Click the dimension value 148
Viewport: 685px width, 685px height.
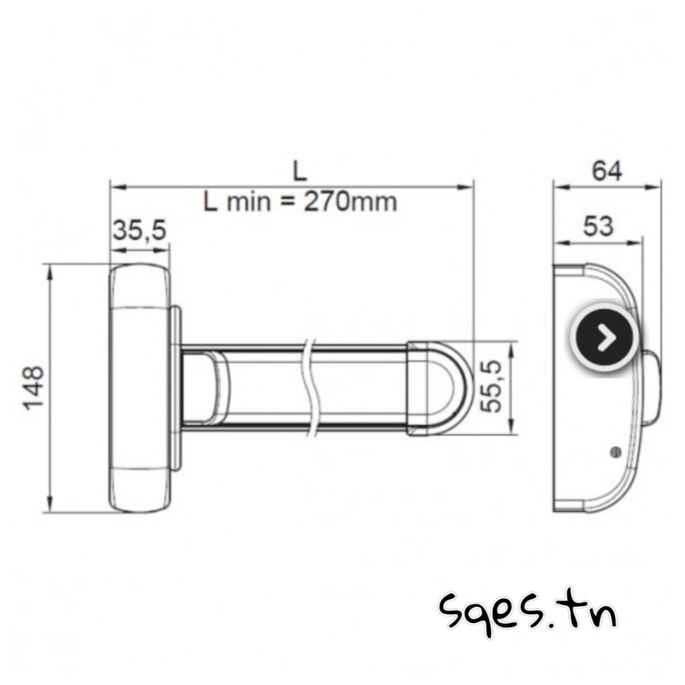pyautogui.click(x=34, y=388)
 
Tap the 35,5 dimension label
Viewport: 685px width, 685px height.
pyautogui.click(x=139, y=231)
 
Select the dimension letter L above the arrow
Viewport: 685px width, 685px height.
pyautogui.click(x=300, y=172)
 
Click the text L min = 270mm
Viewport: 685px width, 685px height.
pyautogui.click(x=300, y=202)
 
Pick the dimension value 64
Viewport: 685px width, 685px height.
pyautogui.click(x=607, y=171)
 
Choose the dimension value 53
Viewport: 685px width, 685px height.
pyautogui.click(x=598, y=226)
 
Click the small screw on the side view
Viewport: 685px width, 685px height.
pyautogui.click(x=616, y=453)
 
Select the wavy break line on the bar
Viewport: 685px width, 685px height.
pyautogui.click(x=311, y=387)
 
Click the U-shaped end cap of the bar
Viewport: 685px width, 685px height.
pyautogui.click(x=438, y=387)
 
